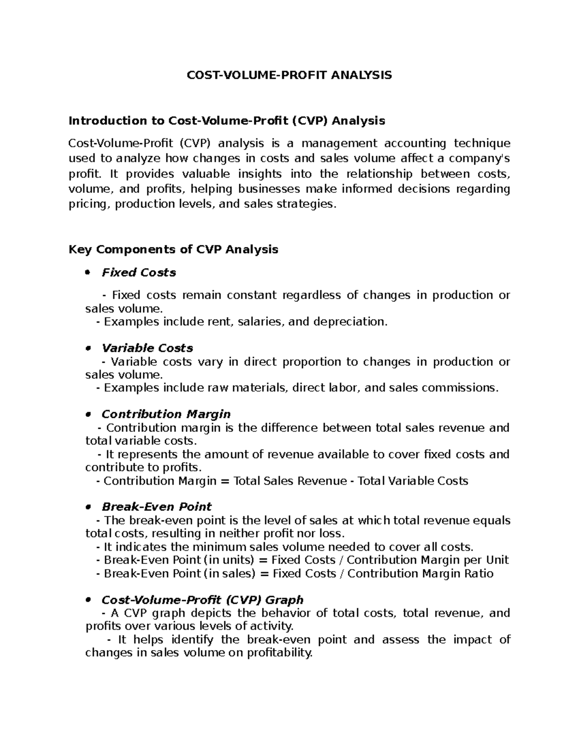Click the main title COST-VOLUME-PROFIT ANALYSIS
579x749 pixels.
pyautogui.click(x=289, y=75)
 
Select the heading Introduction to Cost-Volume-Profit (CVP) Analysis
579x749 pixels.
pyautogui.click(x=227, y=121)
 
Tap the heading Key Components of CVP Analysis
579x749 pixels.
pyautogui.click(x=173, y=249)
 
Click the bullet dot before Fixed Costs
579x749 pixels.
pyautogui.click(x=87, y=273)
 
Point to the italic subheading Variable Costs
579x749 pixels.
pyautogui.click(x=147, y=348)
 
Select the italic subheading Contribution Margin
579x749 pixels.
pyautogui.click(x=166, y=414)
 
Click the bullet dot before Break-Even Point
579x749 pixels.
pyautogui.click(x=87, y=507)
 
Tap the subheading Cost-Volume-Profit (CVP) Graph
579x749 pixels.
pyautogui.click(x=202, y=600)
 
